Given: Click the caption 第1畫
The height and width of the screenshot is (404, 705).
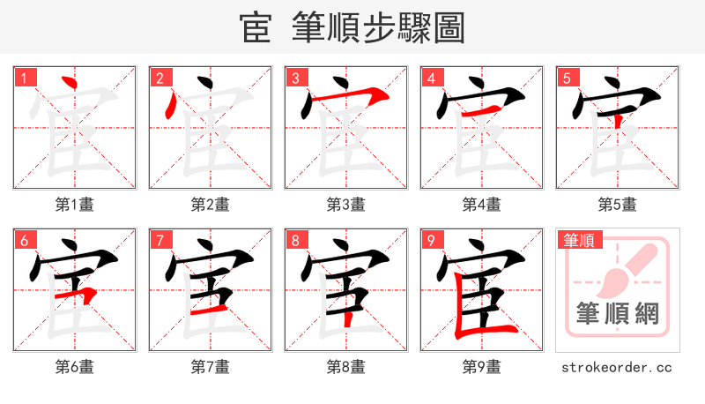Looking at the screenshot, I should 75,205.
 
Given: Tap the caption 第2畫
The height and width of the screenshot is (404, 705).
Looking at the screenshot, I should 211,205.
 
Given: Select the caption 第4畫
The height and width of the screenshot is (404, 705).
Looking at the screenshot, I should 482,205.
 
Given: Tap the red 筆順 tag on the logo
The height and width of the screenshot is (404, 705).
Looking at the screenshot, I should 578,239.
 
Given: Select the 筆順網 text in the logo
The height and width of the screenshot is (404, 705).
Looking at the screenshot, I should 617,315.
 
